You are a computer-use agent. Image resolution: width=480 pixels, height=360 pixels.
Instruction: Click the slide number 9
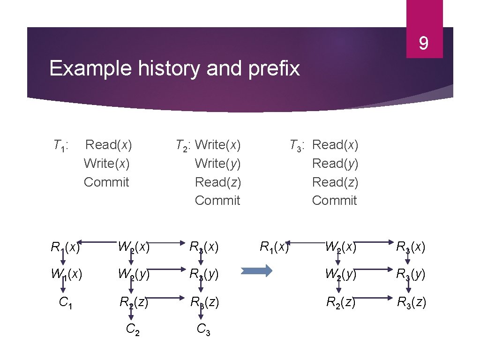423,44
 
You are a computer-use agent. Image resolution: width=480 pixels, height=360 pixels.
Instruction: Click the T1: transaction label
60,145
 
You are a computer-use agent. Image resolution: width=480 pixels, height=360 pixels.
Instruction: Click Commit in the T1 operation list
106,182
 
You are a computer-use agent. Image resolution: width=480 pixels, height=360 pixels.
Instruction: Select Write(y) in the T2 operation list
217,164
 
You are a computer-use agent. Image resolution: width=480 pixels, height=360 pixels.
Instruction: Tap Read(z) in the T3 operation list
335,182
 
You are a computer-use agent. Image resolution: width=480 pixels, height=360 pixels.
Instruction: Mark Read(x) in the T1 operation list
109,145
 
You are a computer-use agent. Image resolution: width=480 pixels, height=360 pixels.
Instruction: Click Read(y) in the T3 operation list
335,164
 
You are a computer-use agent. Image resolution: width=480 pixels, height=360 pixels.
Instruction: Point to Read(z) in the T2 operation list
217,182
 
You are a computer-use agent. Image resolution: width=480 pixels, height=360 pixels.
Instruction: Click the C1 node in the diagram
65,302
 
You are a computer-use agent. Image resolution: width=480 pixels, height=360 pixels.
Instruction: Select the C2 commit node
133,330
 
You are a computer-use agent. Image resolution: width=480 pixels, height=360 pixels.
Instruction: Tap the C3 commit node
203,330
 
